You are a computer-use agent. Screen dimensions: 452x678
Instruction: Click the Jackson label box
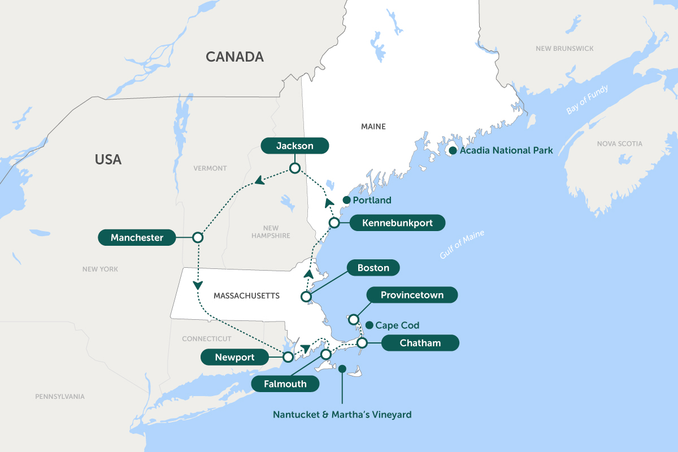[x=294, y=146]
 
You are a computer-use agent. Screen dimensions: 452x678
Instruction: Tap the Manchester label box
[x=137, y=238]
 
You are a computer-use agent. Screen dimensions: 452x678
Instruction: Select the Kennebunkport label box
[x=397, y=223]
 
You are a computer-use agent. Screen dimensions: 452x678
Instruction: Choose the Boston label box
[x=373, y=268]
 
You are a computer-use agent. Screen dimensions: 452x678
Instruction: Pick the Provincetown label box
[x=412, y=295]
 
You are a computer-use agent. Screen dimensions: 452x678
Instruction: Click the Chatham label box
[x=420, y=343]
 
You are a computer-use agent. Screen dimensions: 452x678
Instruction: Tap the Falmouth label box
[x=285, y=384]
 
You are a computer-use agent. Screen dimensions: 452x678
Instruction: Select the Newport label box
[x=234, y=357]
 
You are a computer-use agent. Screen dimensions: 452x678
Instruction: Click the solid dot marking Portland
[x=346, y=200]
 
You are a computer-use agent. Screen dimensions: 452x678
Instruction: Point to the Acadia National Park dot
[x=453, y=151]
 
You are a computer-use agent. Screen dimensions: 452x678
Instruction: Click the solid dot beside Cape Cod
[x=369, y=325]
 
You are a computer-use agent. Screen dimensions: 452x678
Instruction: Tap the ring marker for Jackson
[x=294, y=168]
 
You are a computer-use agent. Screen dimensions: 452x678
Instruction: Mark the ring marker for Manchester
[x=198, y=238]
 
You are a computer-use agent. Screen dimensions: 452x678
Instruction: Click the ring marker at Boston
[x=306, y=297]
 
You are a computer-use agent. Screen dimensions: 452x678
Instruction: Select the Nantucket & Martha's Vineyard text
[x=342, y=415]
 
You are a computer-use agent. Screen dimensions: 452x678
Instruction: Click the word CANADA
[x=234, y=57]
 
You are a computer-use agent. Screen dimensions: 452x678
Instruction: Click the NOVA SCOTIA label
[x=619, y=144]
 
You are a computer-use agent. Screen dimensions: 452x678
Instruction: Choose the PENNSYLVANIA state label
[x=59, y=397]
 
